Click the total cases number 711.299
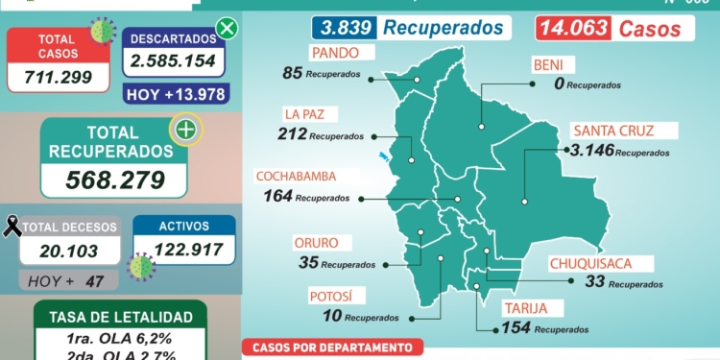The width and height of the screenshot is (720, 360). click(58, 75)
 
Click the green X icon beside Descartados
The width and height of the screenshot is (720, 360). click(227, 28)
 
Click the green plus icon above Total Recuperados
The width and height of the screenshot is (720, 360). click(184, 130)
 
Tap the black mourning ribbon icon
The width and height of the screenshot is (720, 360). click(13, 227)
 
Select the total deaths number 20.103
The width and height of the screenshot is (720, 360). click(71, 250)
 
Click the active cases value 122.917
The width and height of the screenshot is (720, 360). click(183, 250)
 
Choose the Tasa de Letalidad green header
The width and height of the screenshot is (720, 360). click(119, 317)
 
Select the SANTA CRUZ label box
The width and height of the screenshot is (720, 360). click(611, 132)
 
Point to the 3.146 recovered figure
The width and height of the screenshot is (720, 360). click(590, 151)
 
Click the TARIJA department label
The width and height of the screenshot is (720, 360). click(526, 308)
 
